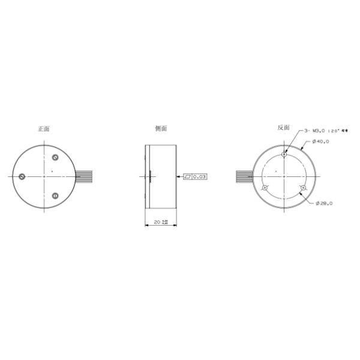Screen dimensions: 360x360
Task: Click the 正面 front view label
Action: pyautogui.click(x=43, y=128)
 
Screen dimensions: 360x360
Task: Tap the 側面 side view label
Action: pyautogui.click(x=161, y=128)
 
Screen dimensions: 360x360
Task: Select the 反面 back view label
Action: pyautogui.click(x=283, y=128)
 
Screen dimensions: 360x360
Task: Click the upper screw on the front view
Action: pyautogui.click(x=55, y=157)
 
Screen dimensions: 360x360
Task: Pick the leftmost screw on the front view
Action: pyautogui.click(x=22, y=176)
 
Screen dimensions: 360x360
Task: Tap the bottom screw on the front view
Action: pyautogui.click(x=55, y=196)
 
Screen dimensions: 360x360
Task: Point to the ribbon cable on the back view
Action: pyautogui.click(x=244, y=176)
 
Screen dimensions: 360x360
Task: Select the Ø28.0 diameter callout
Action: pyautogui.click(x=325, y=203)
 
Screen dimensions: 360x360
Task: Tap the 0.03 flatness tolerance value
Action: pyautogui.click(x=200, y=176)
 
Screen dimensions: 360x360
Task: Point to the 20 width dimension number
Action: pyautogui.click(x=157, y=222)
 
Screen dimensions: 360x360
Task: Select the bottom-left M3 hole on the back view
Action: pyautogui.click(x=264, y=188)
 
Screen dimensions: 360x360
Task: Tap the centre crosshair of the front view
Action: pyautogui.click(x=44, y=176)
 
